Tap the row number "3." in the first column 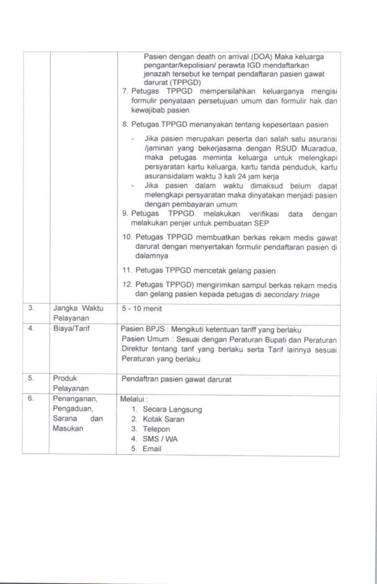tap(31, 309)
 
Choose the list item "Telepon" tap(157, 429)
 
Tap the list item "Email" tap(152, 449)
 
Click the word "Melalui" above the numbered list tap(133, 399)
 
